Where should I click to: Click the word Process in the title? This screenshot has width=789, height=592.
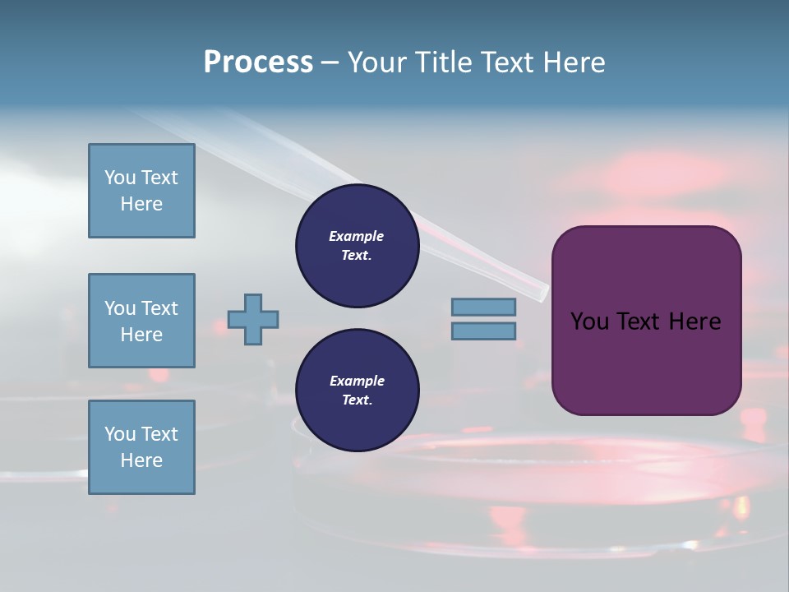click(258, 62)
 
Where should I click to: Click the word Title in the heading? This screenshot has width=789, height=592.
click(444, 62)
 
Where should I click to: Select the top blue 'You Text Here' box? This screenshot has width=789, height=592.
click(141, 191)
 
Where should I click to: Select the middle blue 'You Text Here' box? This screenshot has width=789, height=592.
click(141, 321)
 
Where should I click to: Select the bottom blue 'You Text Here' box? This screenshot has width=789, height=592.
click(141, 447)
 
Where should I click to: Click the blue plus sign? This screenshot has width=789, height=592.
click(253, 320)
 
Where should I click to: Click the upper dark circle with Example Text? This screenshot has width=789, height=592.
click(357, 246)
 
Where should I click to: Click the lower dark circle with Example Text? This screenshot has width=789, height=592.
click(357, 391)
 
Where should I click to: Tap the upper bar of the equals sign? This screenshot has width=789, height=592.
click(483, 308)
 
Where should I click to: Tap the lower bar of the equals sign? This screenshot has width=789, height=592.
click(483, 331)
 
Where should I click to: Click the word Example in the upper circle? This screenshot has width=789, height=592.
click(357, 237)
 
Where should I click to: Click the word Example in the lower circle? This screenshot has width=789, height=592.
click(357, 382)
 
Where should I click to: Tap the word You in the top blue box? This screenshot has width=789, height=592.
click(119, 178)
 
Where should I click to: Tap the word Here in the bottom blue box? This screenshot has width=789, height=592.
click(141, 460)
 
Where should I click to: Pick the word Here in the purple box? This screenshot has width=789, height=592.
click(694, 321)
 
